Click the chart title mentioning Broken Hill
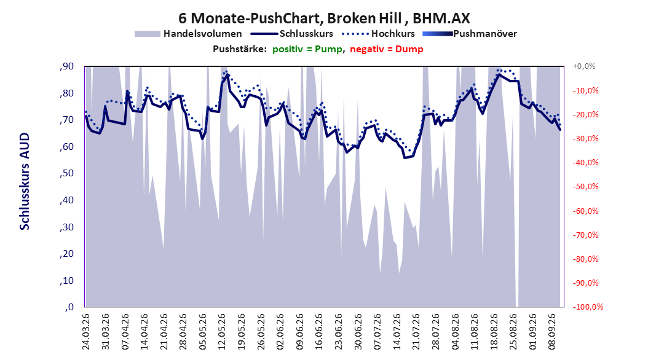point(324,18)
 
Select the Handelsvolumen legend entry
point(189,34)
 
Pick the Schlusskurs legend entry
point(292,34)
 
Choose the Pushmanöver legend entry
point(470,34)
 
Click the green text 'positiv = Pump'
point(307,49)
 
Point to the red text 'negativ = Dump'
point(387,49)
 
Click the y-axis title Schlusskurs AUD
point(25,181)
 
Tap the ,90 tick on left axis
point(66,66)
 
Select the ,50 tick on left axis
point(66,173)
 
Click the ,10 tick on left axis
point(66,281)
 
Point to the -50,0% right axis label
point(585,187)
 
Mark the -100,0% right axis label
point(588,307)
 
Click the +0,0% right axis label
point(584,66)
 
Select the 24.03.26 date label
point(86,332)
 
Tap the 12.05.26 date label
point(222,332)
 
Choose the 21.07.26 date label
point(416,332)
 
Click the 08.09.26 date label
point(552,332)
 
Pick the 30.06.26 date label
point(358,332)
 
